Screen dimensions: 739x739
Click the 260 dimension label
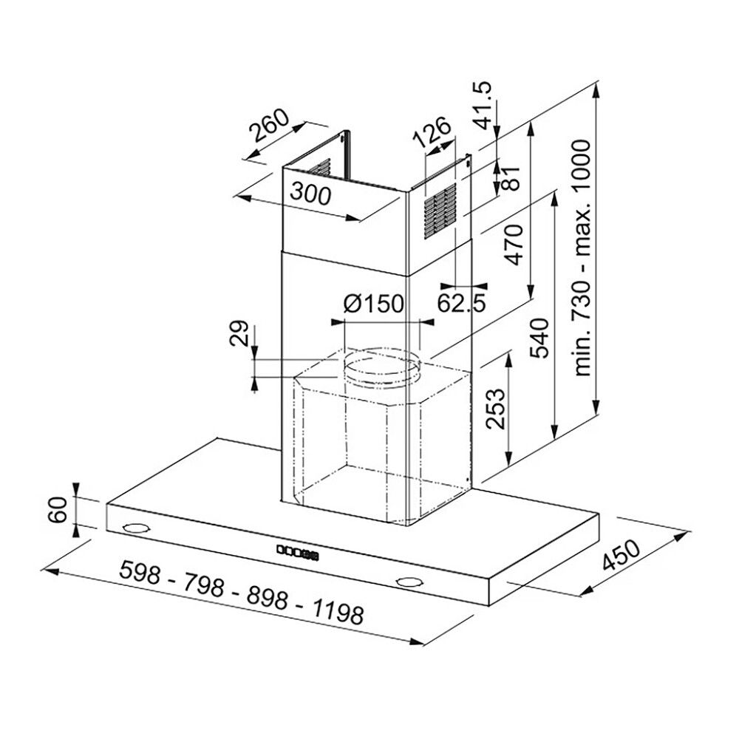click(269, 126)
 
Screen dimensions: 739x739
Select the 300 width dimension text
click(310, 194)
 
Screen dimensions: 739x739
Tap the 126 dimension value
click(432, 132)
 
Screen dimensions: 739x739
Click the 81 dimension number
click(511, 177)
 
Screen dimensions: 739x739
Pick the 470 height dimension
click(514, 244)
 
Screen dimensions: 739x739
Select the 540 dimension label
click(540, 338)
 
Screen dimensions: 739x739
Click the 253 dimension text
click(495, 409)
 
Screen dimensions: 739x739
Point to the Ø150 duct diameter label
click(374, 304)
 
